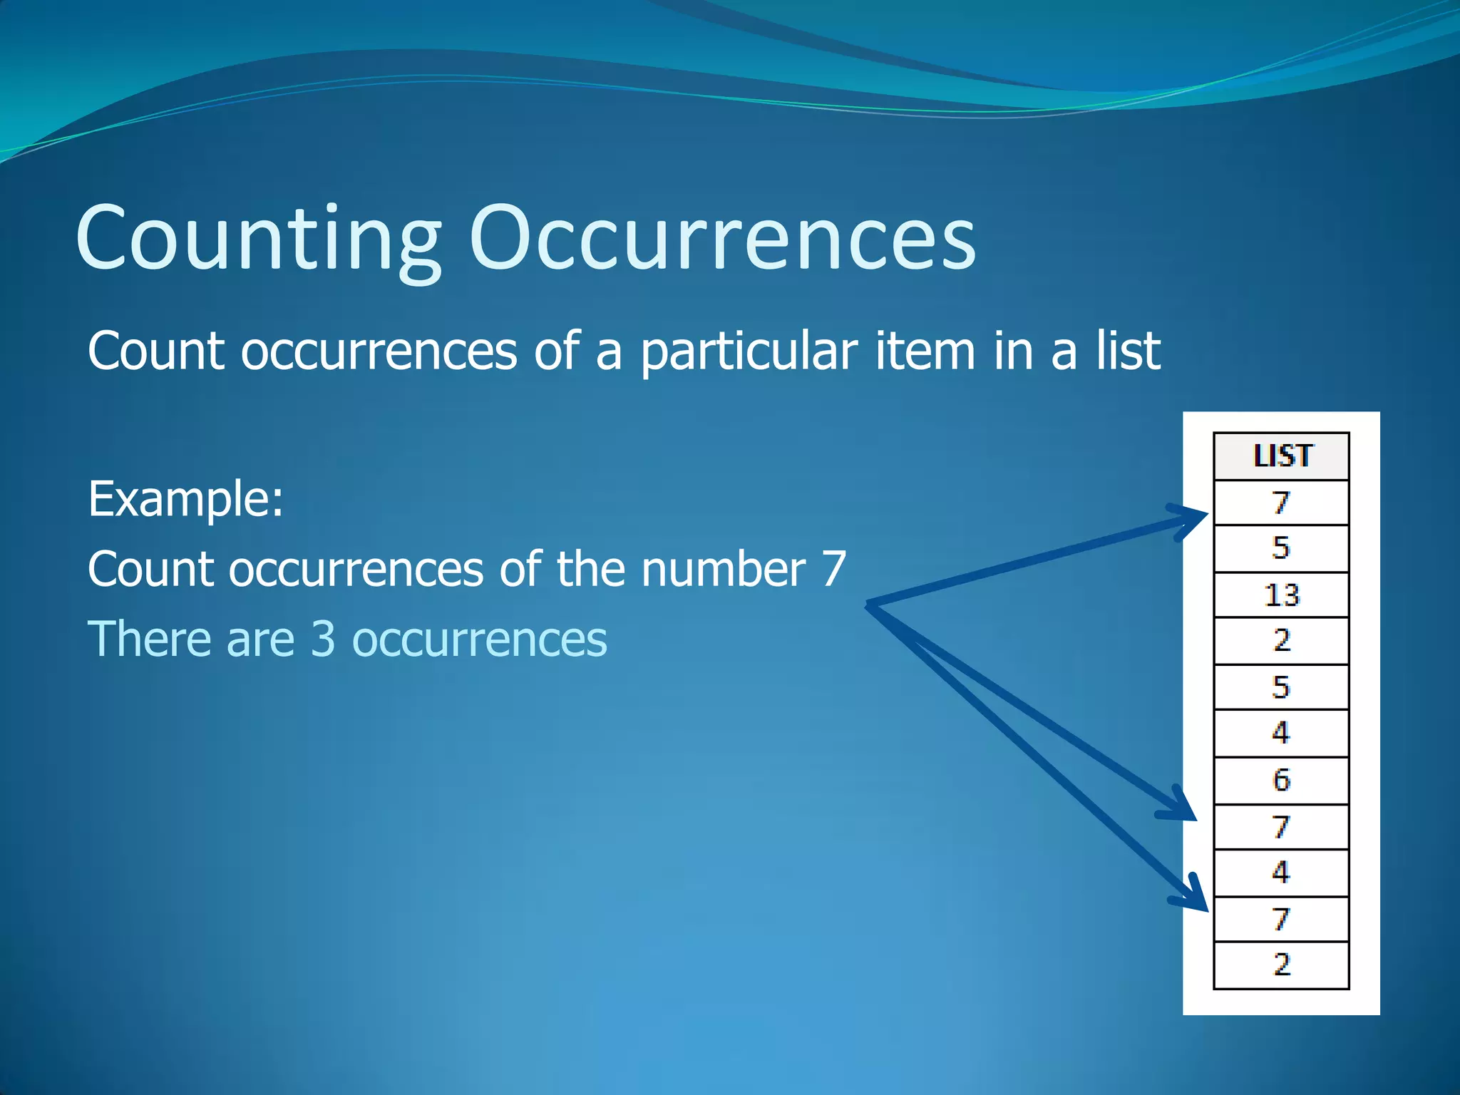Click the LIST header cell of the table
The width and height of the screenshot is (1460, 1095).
click(1281, 456)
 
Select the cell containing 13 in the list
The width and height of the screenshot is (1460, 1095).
click(1281, 595)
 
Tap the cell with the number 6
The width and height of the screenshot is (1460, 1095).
click(1281, 780)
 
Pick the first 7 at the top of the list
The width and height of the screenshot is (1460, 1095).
click(1281, 503)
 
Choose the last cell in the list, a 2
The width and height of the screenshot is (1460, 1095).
click(1281, 965)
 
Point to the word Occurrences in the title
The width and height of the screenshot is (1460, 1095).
click(721, 238)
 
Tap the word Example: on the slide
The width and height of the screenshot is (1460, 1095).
click(185, 499)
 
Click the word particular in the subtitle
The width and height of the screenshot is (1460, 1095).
click(749, 352)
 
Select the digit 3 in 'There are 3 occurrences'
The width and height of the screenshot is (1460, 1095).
click(323, 639)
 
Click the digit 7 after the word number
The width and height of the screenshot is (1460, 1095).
click(833, 569)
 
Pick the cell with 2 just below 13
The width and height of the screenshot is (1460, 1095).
click(1281, 640)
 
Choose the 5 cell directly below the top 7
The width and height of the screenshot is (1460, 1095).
click(1281, 548)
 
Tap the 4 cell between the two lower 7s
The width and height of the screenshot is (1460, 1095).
click(1281, 872)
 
